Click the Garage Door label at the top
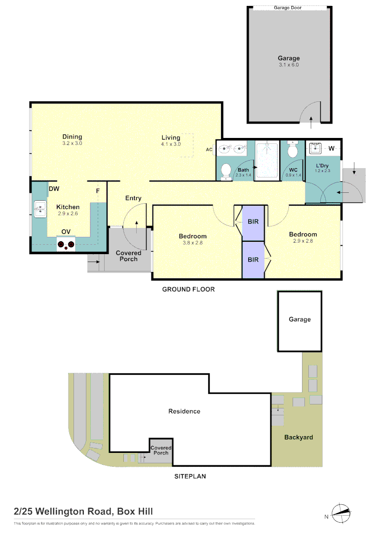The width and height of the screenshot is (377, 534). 288,8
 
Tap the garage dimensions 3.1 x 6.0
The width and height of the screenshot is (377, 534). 288,65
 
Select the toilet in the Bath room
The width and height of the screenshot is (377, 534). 226,171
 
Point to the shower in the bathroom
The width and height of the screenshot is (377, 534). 267,161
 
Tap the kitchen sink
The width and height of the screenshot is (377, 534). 39,209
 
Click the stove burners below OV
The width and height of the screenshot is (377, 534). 66,244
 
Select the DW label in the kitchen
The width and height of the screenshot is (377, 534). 54,189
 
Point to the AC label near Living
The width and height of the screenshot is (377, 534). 209,149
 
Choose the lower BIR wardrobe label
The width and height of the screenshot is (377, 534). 253,260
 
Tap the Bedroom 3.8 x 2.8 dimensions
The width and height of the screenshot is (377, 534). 192,243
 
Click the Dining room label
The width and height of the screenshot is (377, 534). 72,137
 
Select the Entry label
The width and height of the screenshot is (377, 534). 133,198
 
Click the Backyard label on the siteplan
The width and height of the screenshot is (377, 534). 299,437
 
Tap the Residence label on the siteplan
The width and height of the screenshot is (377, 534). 184,411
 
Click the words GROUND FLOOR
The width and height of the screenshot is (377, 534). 188,289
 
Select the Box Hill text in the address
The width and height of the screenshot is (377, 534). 135,511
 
